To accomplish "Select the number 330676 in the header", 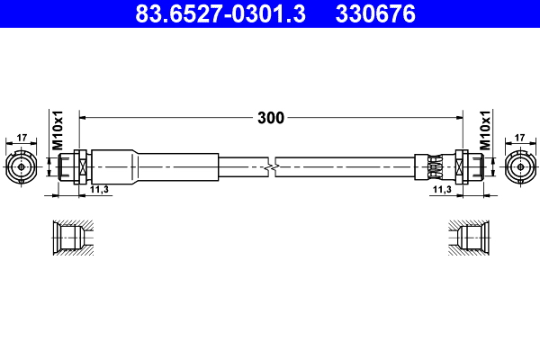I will pos(374,14).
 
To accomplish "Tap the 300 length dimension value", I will pos(270,117).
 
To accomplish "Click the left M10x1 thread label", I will pos(57,131).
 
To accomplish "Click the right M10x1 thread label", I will pos(484,131).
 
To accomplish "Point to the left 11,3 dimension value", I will pos(100,190).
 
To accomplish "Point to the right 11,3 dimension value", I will pos(441,190).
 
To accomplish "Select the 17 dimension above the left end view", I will pos(22,139).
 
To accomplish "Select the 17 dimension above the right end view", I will pos(519,139).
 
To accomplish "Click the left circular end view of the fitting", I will pos(22,166).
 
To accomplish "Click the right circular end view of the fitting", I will pos(519,166).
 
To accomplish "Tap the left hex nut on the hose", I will pos(80,166).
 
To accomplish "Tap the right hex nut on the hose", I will pos(462,166).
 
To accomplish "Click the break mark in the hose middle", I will pos(272,166).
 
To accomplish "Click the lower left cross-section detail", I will pos(69,238).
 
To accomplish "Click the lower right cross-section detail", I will pos(469,238).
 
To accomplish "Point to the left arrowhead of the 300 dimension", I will pos(85,117).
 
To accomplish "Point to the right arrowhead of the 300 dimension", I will pos(457,117).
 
